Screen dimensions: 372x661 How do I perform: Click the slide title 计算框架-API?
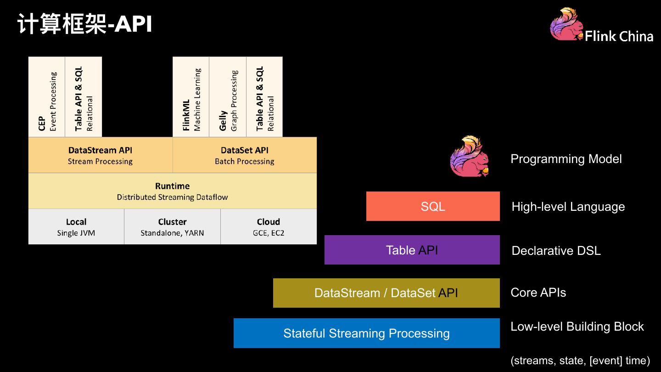(x=85, y=24)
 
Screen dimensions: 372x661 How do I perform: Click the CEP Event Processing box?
(x=47, y=97)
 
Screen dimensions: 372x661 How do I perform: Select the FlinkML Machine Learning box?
(x=191, y=97)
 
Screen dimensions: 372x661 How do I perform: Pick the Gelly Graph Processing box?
(x=228, y=97)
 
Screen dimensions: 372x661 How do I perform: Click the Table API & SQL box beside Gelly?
(x=264, y=97)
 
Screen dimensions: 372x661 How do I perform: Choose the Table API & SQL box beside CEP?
(x=84, y=97)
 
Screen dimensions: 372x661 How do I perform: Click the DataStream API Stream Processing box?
(x=100, y=155)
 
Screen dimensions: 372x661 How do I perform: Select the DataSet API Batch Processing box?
(x=245, y=155)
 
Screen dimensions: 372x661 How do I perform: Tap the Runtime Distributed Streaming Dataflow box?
(x=172, y=191)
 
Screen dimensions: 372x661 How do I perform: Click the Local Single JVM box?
(x=76, y=227)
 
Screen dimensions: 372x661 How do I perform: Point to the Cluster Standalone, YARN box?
(x=172, y=227)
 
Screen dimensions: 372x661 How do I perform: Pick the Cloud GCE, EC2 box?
(x=269, y=227)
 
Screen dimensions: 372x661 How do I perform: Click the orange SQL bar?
(x=433, y=206)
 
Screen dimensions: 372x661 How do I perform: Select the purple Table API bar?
(x=412, y=250)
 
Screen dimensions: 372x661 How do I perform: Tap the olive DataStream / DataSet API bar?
(x=386, y=293)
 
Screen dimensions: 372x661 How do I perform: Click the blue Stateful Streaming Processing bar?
(x=366, y=333)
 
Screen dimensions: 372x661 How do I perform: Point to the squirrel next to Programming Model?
(x=469, y=157)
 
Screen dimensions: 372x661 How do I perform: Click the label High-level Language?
(x=568, y=207)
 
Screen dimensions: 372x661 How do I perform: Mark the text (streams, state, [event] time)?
(x=580, y=361)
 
